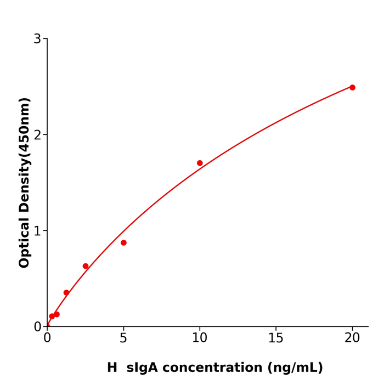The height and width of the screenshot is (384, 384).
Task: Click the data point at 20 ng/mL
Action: tap(352, 87)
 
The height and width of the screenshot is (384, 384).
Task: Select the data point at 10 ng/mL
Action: tap(200, 163)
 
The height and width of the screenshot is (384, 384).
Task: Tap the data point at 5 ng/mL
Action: tap(123, 242)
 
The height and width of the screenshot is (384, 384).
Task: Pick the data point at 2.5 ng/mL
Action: tap(86, 266)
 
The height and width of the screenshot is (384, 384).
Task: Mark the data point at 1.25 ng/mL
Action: tap(66, 292)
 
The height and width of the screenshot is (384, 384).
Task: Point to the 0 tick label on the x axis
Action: tap(47, 338)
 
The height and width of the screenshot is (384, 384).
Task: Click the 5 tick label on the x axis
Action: tap(123, 338)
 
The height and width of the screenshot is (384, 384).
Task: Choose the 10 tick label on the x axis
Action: tap(200, 338)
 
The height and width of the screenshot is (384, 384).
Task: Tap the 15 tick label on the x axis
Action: tap(276, 338)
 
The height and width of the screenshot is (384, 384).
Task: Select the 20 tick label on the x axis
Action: tap(352, 338)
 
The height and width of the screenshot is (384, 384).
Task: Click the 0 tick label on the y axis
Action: tap(37, 327)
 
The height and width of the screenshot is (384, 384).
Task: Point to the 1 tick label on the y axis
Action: tap(37, 231)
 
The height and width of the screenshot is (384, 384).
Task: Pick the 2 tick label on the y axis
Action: tap(37, 135)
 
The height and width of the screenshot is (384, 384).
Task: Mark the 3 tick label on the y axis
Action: tap(37, 39)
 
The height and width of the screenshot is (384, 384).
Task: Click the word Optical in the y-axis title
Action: tap(24, 242)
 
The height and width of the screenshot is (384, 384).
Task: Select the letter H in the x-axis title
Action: tap(112, 368)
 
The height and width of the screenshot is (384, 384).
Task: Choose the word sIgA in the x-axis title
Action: tap(142, 368)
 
